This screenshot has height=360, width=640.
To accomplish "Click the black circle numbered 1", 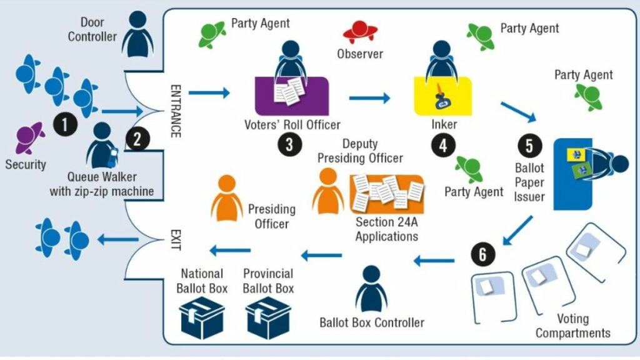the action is point(65,124).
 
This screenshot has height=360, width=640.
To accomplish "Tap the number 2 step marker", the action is point(137,139).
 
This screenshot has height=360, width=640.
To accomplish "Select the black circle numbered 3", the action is point(290,144).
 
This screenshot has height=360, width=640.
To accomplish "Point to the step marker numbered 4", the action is point(443,145).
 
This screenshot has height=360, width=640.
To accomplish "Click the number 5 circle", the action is point(529,146).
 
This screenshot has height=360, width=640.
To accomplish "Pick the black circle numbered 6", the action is point(483,254).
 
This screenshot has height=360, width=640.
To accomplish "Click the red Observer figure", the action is point(360,32).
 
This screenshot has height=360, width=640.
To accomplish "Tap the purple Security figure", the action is point(30,137).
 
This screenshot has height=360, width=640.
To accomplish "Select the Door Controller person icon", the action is point(138,34).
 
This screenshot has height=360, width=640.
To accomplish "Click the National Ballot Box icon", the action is point(202,317).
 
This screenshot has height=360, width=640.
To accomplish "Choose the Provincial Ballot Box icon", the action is point(268,317).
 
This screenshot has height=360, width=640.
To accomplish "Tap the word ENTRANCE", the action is point(176,111).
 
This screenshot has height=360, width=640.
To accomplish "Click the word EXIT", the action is point(176,239).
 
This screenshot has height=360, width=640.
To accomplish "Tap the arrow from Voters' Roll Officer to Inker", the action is point(369,97).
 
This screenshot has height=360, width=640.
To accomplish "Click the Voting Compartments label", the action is point(573,326).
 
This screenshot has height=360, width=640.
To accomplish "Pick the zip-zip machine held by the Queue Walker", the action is point(112,157).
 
